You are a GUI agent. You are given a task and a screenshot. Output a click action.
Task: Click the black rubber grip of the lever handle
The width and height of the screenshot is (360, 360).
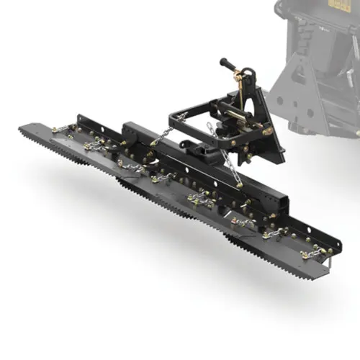228,63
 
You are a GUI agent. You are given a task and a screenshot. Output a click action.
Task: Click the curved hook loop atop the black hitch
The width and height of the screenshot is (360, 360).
248,75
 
